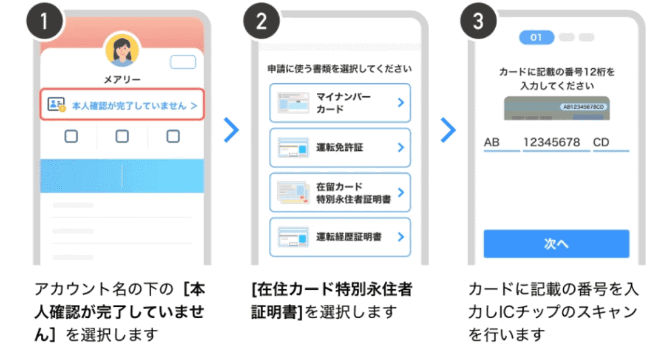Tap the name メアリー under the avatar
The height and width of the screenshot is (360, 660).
pos(122,80)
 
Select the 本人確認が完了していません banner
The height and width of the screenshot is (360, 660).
pos(122,105)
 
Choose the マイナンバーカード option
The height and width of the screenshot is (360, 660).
pos(340,102)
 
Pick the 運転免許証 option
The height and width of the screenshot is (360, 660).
pos(340,147)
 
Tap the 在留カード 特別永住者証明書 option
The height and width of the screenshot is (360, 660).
pos(340,192)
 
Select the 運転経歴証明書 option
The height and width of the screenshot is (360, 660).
pos(340,236)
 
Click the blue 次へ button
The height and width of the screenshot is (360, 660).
pos(556,244)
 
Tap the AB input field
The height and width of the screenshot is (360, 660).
pos(500,144)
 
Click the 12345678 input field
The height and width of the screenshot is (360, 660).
pos(555,144)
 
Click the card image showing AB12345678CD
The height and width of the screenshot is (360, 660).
pos(556,109)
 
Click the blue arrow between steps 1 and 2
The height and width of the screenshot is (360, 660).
pos(231,130)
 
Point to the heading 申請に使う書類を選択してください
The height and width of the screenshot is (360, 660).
pos(340,69)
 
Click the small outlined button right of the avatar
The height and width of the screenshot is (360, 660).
pos(182,62)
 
